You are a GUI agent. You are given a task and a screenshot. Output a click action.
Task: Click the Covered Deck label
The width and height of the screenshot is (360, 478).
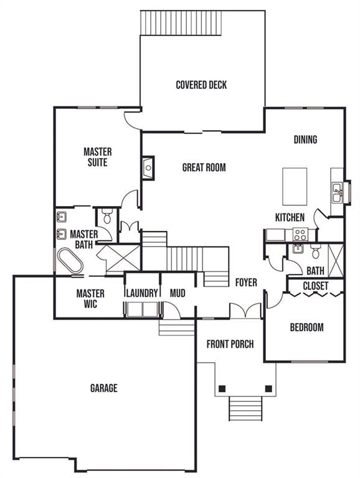coord(201,85)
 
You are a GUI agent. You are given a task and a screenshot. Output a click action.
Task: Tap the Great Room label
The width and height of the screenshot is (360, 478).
coord(204,167)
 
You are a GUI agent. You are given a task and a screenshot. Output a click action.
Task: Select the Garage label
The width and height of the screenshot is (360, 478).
coord(104,388)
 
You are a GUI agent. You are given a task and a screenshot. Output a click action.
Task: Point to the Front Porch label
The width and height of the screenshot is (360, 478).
coord(230,344)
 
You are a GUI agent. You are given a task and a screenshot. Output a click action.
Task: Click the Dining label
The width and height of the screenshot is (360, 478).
coord(305,139)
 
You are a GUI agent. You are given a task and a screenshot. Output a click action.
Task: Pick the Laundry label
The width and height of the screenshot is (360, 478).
coord(142,293)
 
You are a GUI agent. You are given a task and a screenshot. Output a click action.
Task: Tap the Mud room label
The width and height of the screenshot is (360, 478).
coord(178,293)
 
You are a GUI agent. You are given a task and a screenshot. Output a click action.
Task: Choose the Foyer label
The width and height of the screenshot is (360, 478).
coord(246,283)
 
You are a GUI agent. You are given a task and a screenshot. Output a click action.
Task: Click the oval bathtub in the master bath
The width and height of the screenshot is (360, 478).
coord(70,261)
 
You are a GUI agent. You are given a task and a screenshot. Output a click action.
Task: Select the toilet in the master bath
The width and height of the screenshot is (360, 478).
coord(107,216)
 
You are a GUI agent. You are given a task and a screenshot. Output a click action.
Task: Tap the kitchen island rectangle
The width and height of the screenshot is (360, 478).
coord(295,187)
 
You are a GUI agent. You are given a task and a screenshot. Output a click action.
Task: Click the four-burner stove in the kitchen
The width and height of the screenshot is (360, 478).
coord(300,235)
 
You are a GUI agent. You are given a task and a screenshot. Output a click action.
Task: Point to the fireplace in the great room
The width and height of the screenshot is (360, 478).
coord(148,167)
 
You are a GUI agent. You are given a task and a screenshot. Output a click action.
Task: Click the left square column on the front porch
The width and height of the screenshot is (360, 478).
coord(222,388)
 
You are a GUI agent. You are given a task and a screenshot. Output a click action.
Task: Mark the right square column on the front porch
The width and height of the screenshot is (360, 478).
coord(268,388)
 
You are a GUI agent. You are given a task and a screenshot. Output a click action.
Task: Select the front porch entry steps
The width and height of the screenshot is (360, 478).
coord(245,408)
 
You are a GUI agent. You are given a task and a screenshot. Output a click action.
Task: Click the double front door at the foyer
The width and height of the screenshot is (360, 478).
coord(245,311)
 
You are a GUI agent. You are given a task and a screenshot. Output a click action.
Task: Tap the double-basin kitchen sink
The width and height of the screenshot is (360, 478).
coord(337,192)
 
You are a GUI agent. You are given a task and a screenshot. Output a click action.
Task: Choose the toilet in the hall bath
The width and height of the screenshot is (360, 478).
coord(315,251)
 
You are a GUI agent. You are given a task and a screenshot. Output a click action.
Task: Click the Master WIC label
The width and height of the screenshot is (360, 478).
coord(90,299)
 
